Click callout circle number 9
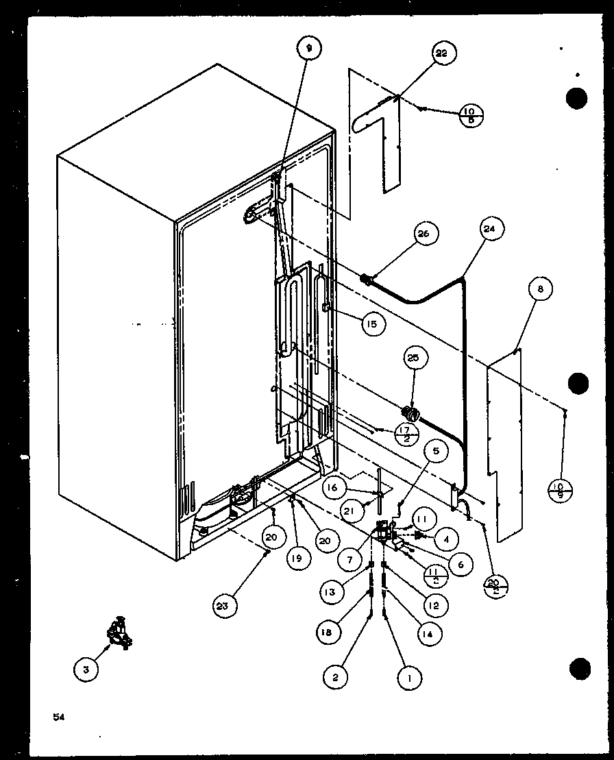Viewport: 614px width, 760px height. pyautogui.click(x=309, y=49)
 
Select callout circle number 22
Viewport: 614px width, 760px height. pyautogui.click(x=444, y=52)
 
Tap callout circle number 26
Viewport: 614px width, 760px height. pyautogui.click(x=423, y=234)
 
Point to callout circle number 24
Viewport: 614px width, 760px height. pyautogui.click(x=493, y=228)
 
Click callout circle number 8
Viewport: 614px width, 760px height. pyautogui.click(x=540, y=290)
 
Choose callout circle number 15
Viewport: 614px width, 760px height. pyautogui.click(x=371, y=323)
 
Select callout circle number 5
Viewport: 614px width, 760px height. pyautogui.click(x=437, y=452)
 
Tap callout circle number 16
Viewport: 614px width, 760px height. pyautogui.click(x=332, y=488)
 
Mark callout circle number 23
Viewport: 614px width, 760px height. pyautogui.click(x=225, y=605)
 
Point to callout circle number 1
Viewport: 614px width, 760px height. pyautogui.click(x=409, y=678)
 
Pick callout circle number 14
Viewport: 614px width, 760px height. pyautogui.click(x=427, y=634)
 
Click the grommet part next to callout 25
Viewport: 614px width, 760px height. pyautogui.click(x=409, y=413)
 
